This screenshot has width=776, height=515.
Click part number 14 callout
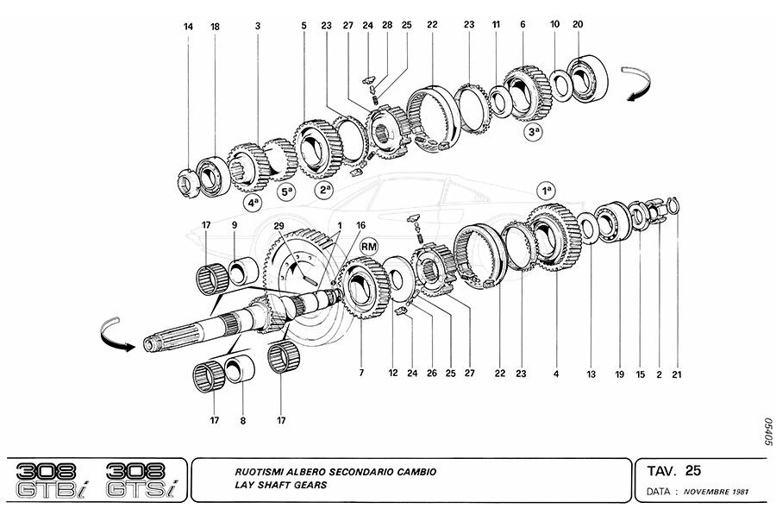[x=188, y=27]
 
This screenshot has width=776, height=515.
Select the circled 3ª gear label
[x=535, y=132]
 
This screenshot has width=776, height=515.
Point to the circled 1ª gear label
[x=545, y=189]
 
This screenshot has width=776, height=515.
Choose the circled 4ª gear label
[x=253, y=203]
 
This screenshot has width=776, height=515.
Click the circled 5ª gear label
[x=286, y=192]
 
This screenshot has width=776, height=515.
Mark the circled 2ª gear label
[x=323, y=191]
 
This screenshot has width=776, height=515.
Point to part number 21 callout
[x=678, y=374]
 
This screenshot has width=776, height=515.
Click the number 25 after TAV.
[x=693, y=471]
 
